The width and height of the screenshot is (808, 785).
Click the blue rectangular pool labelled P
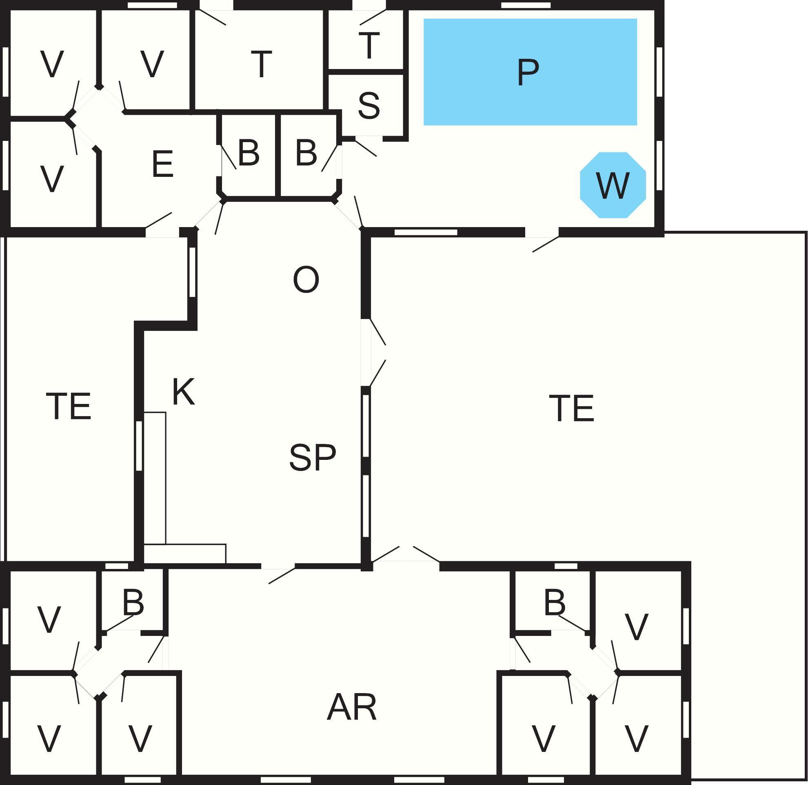point(530,72)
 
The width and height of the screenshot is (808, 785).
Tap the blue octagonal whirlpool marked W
point(613,185)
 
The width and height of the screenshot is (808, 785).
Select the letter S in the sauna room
point(368,106)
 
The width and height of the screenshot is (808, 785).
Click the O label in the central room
point(306,280)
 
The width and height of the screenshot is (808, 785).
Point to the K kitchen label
point(183,392)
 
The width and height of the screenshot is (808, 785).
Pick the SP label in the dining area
point(313,457)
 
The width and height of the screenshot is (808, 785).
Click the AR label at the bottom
point(352,707)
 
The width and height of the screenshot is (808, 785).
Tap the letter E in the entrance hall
point(162,164)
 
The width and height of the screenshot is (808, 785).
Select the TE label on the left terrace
point(68,406)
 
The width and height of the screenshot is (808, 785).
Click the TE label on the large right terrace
point(571,408)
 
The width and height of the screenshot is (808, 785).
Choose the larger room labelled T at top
point(261,64)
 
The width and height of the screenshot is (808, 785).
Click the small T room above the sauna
point(369,45)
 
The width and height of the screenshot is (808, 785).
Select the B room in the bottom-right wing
point(554,602)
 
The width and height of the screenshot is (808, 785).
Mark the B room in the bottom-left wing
point(133,602)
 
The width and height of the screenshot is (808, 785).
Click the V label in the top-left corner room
point(52,64)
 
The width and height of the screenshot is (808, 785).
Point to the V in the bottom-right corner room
point(637,738)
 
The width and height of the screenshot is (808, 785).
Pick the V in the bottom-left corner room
point(49,738)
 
